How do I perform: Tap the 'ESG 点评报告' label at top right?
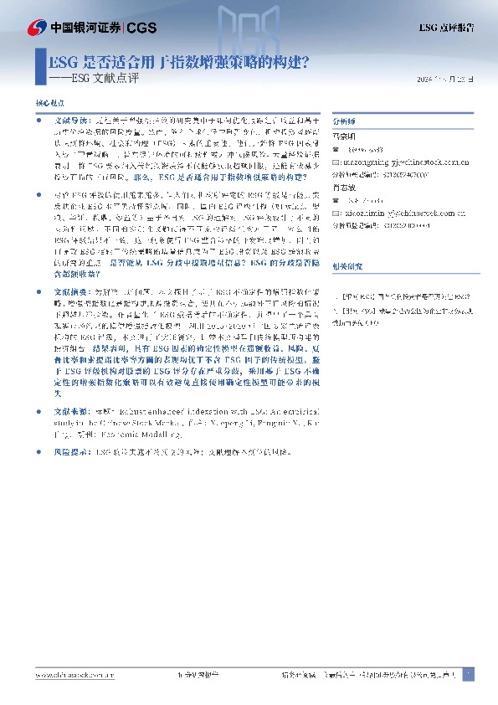click(x=446, y=28)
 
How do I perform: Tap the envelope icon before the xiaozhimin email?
click(x=336, y=212)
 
